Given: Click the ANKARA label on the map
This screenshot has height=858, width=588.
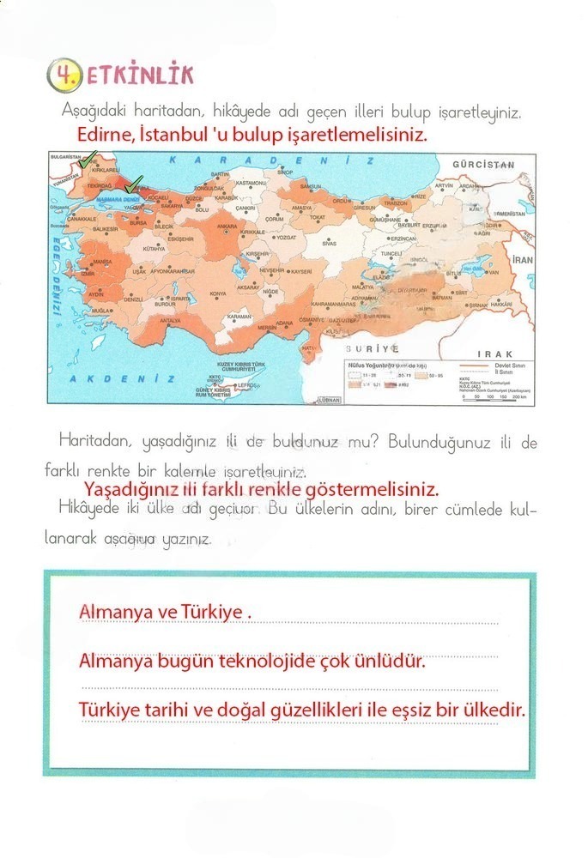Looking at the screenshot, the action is click(227, 227).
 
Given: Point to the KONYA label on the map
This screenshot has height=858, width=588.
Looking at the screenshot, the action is click(219, 293).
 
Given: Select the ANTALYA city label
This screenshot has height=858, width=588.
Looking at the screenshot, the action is click(171, 321).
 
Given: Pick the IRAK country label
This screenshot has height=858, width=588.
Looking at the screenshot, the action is click(495, 353).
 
